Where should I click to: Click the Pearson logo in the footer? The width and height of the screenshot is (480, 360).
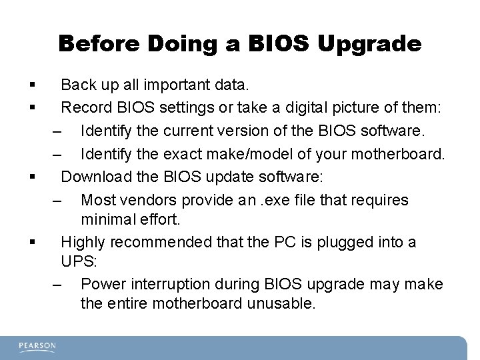click(37, 346)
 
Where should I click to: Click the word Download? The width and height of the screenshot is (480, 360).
click(93, 179)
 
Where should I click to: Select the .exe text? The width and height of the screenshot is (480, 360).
click(316, 199)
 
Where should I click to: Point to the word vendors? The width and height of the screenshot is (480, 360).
click(141, 199)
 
